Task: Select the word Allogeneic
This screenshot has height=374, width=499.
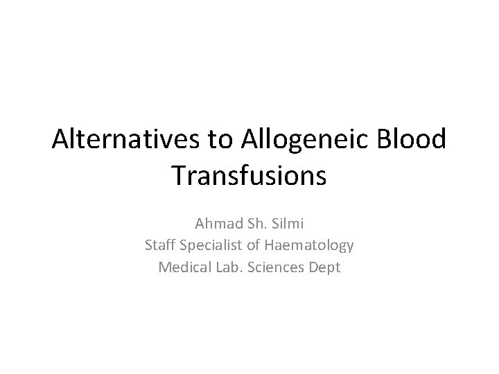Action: click(306, 141)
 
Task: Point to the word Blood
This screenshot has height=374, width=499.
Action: click(413, 141)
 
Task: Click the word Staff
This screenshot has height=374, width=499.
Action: click(161, 245)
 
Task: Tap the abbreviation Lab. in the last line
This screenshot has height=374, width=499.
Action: click(225, 267)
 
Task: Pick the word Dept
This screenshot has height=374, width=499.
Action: click(324, 267)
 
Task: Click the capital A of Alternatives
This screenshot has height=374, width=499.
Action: click(60, 141)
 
